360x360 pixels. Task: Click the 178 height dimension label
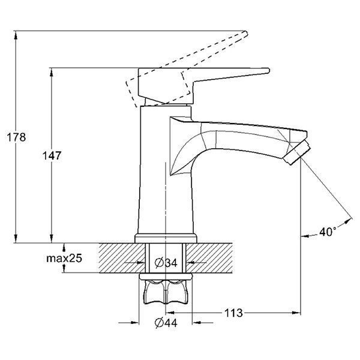point(16,137)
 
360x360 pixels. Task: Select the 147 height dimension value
point(52,155)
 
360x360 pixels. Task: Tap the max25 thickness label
point(64,258)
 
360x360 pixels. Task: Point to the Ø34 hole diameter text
point(166,262)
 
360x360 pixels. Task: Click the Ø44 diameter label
point(166,323)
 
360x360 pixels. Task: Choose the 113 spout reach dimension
point(233,313)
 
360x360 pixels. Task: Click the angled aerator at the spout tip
point(296,152)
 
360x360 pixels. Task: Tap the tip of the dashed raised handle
point(247,34)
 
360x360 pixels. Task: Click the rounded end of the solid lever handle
point(268,70)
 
